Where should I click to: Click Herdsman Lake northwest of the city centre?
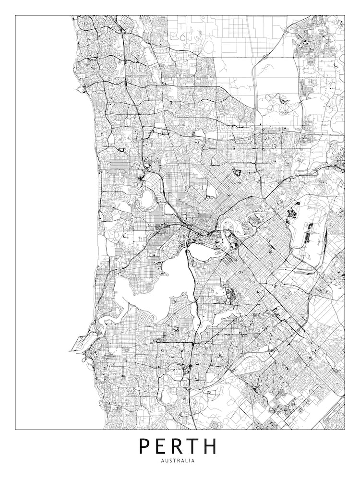tap(146, 198)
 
